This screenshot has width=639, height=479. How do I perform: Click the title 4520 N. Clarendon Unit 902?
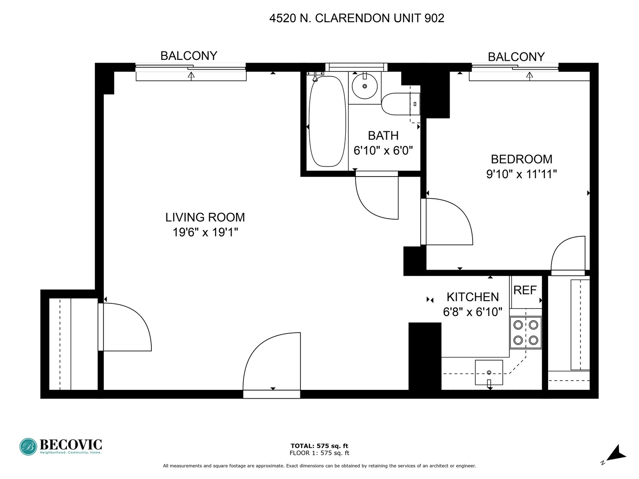pyautogui.click(x=357, y=18)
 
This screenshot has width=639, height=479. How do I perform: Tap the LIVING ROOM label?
pyautogui.click(x=205, y=217)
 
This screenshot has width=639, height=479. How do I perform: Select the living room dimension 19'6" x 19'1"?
pyautogui.click(x=205, y=232)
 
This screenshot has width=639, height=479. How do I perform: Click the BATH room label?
pyautogui.click(x=383, y=136)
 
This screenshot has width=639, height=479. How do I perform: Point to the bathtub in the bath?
pyautogui.click(x=327, y=122)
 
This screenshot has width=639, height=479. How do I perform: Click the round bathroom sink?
pyautogui.click(x=365, y=86)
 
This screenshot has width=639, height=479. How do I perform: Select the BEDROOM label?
pyautogui.click(x=521, y=159)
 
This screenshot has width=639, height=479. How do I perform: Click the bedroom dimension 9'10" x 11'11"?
pyautogui.click(x=521, y=174)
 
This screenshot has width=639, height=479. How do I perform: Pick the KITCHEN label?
pyautogui.click(x=473, y=297)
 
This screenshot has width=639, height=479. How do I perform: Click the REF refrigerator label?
pyautogui.click(x=525, y=291)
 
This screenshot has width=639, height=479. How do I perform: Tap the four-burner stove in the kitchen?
pyautogui.click(x=525, y=333)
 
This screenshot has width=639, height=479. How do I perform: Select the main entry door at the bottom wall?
pyautogui.click(x=272, y=364)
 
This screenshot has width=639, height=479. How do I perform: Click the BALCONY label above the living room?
pyautogui.click(x=189, y=56)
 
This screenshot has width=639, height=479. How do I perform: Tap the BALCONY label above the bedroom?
pyautogui.click(x=516, y=57)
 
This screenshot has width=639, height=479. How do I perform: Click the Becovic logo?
pyautogui.click(x=61, y=446)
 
